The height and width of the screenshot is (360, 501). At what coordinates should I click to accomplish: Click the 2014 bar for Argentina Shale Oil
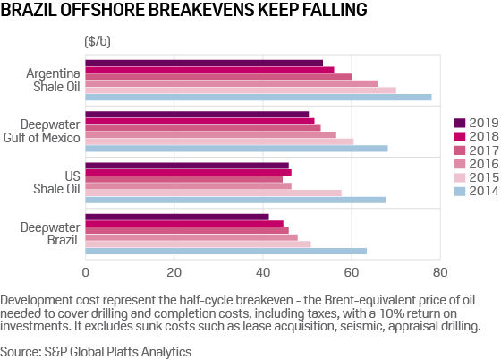[259, 97]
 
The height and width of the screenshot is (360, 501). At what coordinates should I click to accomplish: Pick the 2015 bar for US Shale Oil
[213, 193]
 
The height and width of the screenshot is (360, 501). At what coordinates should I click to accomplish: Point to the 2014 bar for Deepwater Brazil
[226, 251]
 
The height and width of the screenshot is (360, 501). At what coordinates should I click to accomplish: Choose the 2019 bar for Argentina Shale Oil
[204, 63]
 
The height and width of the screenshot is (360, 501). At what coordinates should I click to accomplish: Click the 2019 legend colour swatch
[459, 123]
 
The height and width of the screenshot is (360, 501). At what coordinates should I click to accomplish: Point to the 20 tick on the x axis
[174, 271]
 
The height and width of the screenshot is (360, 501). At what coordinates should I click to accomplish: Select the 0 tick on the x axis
[86, 271]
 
